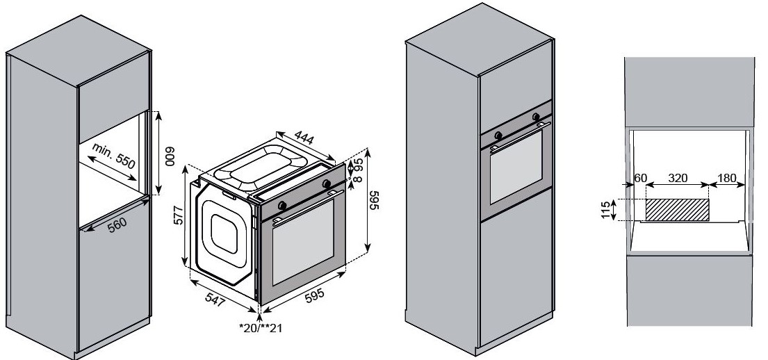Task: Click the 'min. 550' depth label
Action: (113, 156)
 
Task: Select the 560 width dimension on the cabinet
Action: (117, 224)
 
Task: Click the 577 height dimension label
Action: (179, 215)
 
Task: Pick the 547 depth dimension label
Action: (215, 300)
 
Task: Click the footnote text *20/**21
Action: (261, 327)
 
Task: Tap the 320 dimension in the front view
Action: (678, 179)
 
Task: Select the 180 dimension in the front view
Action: (727, 179)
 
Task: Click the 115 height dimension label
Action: (606, 210)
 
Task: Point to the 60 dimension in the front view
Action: (641, 179)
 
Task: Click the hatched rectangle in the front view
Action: (678, 210)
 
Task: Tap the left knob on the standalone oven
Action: (282, 205)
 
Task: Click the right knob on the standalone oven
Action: (327, 183)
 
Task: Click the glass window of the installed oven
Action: (516, 167)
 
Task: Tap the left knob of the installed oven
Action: (498, 136)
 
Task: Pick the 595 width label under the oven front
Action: (314, 296)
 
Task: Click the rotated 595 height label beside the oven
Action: (374, 200)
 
